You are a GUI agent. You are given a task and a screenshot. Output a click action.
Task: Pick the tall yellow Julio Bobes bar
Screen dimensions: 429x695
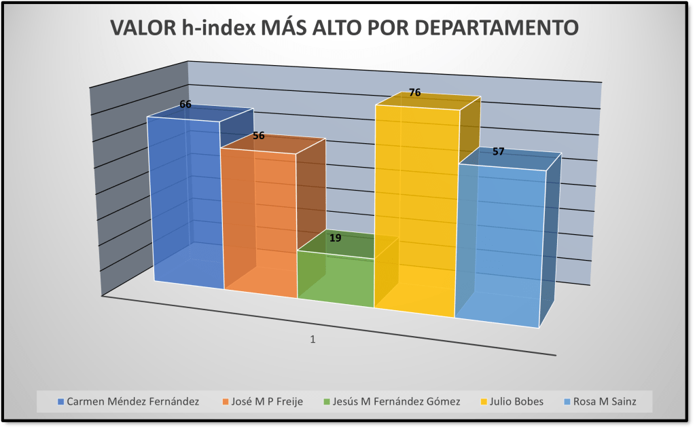(x=414, y=210)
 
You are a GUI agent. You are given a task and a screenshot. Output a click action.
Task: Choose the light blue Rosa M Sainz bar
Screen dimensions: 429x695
(x=499, y=244)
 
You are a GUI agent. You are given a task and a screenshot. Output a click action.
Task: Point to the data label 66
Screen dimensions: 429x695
(x=185, y=105)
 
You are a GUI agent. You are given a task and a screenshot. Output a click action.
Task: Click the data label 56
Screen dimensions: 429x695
(x=259, y=135)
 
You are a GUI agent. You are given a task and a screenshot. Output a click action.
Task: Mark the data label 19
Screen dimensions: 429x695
(x=336, y=238)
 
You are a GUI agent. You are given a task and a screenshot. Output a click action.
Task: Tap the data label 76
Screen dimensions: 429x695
(x=415, y=92)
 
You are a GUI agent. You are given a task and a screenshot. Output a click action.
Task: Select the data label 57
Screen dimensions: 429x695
(x=498, y=151)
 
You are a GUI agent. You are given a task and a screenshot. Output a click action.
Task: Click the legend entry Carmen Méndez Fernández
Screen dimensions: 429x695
(x=132, y=401)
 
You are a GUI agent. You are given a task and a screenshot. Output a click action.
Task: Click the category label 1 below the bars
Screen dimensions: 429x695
(x=313, y=339)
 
